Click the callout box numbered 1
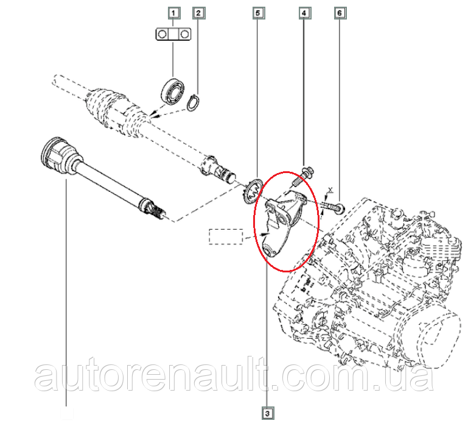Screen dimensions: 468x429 tap(173, 13)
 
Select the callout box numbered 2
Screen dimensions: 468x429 tap(198, 13)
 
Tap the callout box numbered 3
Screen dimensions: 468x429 tap(267, 413)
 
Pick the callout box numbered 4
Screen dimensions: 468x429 tap(304, 13)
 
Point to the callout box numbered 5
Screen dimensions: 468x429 tap(258, 13)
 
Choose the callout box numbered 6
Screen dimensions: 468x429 tap(340, 13)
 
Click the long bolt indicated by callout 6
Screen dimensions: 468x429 tap(332, 207)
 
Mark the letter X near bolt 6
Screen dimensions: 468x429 tap(330, 190)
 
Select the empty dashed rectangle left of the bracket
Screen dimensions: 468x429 tap(226, 236)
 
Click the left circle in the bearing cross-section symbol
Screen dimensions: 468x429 tap(162, 34)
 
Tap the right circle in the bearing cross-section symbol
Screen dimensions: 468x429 tap(185, 34)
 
